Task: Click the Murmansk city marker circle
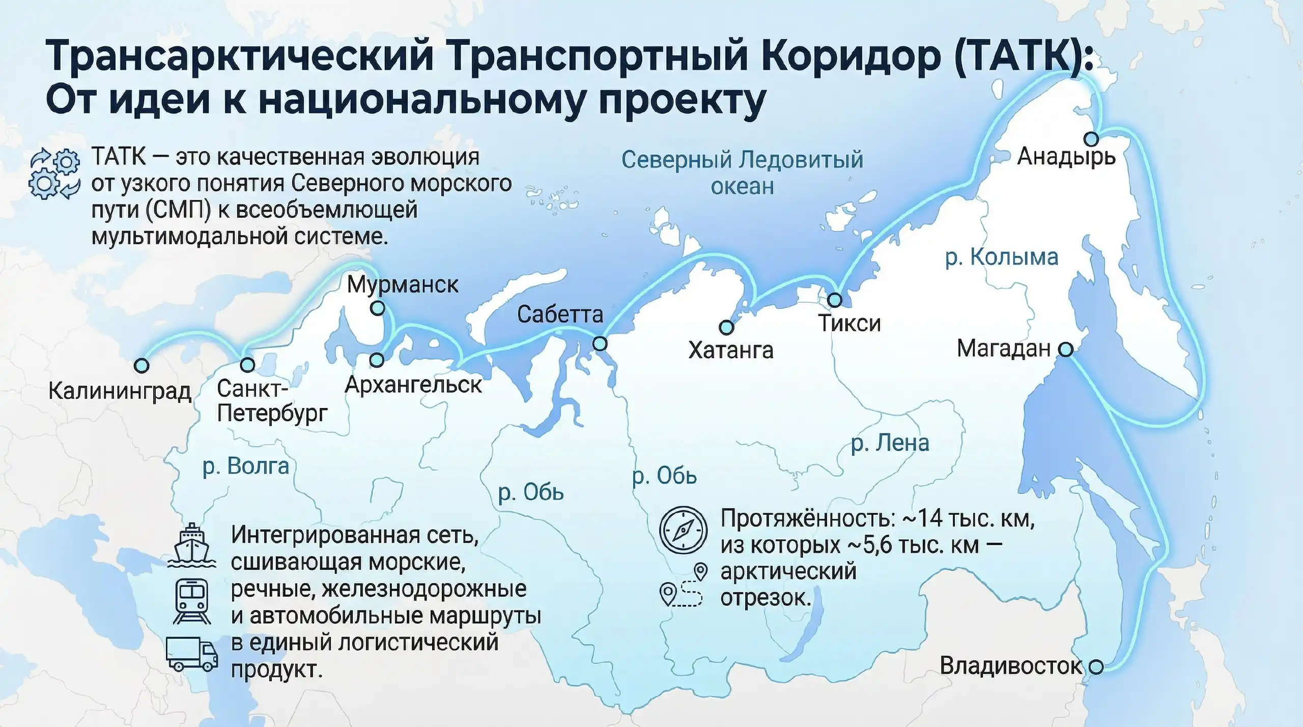[x=377, y=308]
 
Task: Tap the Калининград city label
[x=120, y=391]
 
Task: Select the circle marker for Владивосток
[x=1096, y=666]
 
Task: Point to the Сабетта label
[x=560, y=314]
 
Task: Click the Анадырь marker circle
[x=1091, y=138]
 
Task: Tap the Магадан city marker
[x=1065, y=350]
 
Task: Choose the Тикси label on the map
[x=849, y=324]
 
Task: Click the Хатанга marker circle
[x=726, y=327]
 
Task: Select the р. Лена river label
[x=890, y=443]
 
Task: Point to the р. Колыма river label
[x=1001, y=257]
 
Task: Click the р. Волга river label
[x=245, y=466]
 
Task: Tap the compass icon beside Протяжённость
[x=683, y=530]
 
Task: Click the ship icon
[x=191, y=545]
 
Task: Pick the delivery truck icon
[x=192, y=653]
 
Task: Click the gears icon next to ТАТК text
[x=54, y=173]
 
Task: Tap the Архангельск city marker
[x=377, y=360]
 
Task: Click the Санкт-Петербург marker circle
[x=247, y=364]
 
